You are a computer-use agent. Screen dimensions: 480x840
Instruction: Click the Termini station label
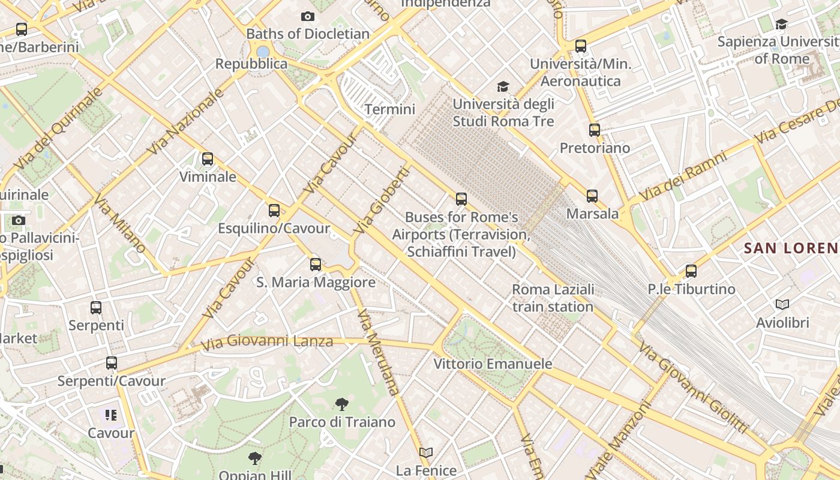click(x=390, y=109)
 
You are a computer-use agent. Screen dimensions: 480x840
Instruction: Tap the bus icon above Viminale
click(x=208, y=159)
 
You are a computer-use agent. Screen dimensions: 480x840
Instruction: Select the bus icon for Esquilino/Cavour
click(x=274, y=210)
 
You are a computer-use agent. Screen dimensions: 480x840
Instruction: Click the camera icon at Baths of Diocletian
click(x=308, y=16)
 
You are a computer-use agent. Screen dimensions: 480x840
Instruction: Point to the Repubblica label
click(x=251, y=64)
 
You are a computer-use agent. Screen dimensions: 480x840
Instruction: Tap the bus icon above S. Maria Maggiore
click(x=316, y=264)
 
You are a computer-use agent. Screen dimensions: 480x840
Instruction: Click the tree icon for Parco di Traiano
click(x=342, y=404)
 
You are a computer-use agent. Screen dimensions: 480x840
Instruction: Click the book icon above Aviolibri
click(x=782, y=304)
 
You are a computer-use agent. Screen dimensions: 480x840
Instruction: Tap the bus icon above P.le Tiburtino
click(x=691, y=271)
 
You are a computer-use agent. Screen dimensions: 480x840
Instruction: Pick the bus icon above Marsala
click(x=592, y=196)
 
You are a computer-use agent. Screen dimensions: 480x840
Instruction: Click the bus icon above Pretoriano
click(x=595, y=130)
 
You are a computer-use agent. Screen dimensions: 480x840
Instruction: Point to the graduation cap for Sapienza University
click(x=781, y=24)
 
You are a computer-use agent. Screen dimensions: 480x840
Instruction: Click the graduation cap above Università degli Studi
click(x=503, y=87)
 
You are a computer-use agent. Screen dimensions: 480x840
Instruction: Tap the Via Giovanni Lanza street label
click(x=266, y=343)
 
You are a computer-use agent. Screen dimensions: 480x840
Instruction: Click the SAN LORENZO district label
click(x=791, y=247)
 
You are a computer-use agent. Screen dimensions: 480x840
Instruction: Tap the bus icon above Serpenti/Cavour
click(x=112, y=363)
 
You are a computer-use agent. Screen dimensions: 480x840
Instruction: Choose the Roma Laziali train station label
click(x=553, y=298)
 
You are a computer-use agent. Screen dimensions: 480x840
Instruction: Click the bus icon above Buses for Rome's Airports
click(x=461, y=199)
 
